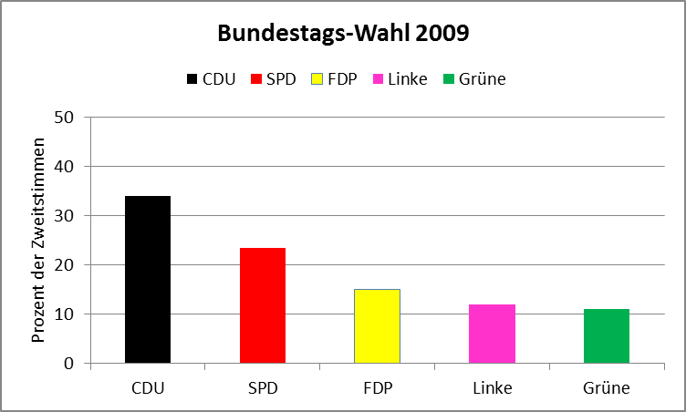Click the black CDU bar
click(147, 279)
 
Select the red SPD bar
click(262, 305)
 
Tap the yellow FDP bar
click(377, 325)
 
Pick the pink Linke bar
click(492, 334)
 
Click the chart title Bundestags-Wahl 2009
click(343, 35)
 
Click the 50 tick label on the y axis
click(65, 118)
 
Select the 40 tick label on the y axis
click(65, 167)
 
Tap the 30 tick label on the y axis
click(65, 216)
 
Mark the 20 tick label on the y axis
click(65, 265)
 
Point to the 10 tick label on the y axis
click(65, 314)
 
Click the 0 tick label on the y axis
click(69, 364)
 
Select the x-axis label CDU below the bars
click(147, 388)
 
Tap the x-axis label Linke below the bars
click(492, 388)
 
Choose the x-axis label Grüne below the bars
click(607, 388)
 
